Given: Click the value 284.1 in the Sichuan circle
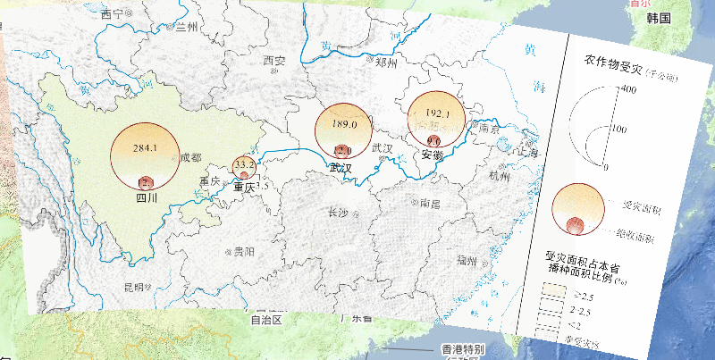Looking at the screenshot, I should pos(144,147).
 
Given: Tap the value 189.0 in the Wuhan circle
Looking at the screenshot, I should pos(344,124).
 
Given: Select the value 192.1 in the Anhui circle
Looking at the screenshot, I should pos(437,114).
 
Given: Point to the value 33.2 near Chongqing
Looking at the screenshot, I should pos(245,165).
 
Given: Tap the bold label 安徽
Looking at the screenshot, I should pos(432,155).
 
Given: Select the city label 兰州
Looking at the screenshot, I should pos(186,27).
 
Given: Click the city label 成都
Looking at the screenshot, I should pos(190,158).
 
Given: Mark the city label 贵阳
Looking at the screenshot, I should pos(239,252).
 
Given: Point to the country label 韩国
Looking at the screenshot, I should pos(659,18).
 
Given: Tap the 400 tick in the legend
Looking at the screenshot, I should pos(627,89).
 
